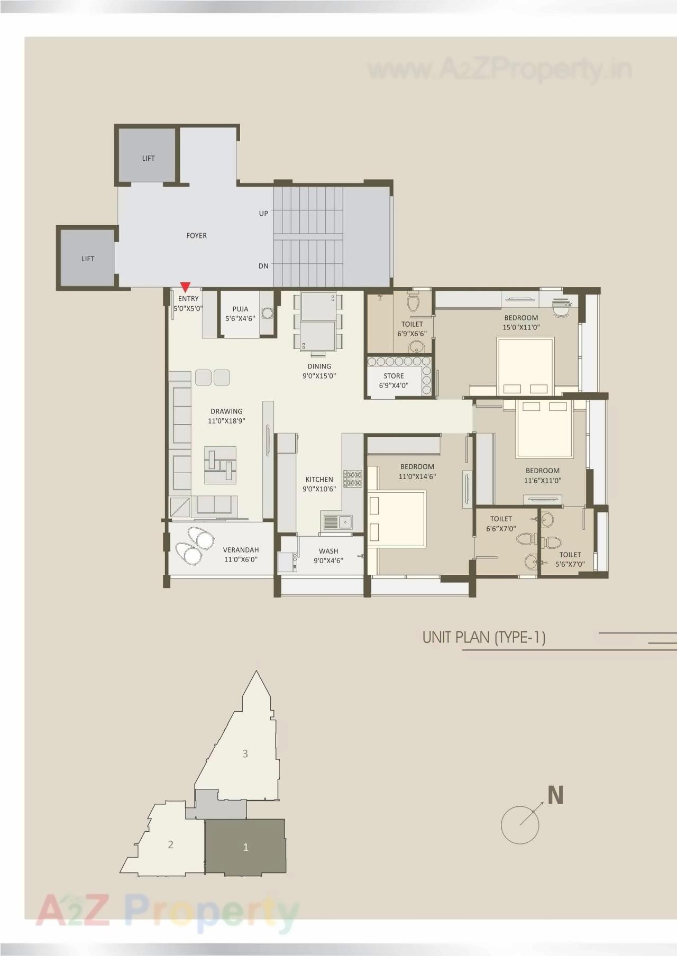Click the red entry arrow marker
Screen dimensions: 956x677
tap(185, 287)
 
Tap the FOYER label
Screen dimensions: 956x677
tap(196, 236)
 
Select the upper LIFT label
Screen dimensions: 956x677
tap(149, 158)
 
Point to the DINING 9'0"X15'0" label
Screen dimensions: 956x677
tap(319, 371)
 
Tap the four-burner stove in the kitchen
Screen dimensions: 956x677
tap(353, 478)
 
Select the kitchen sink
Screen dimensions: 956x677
tap(337, 522)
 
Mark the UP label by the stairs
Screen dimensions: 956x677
tap(263, 213)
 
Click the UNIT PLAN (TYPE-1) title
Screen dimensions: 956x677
tap(483, 637)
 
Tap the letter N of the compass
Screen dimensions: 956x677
tap(555, 795)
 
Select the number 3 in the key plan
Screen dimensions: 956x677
tap(245, 753)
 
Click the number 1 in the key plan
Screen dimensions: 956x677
tap(245, 847)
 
